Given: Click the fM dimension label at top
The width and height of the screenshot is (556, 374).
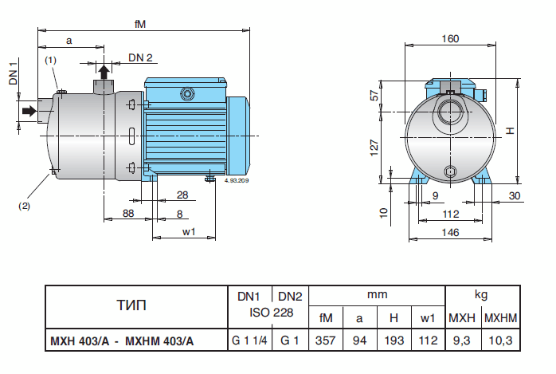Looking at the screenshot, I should tap(139, 24).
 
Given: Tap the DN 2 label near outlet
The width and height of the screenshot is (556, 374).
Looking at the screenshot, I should tap(140, 57).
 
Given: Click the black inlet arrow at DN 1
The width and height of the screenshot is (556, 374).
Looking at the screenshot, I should tap(29, 112).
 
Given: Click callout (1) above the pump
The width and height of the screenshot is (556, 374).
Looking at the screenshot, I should tap(50, 60).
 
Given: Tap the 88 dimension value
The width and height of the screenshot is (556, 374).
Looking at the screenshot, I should tap(128, 213).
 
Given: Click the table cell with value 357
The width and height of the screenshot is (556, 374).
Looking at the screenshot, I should tap(325, 341).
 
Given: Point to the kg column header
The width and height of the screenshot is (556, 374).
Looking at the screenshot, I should tap(482, 293).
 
